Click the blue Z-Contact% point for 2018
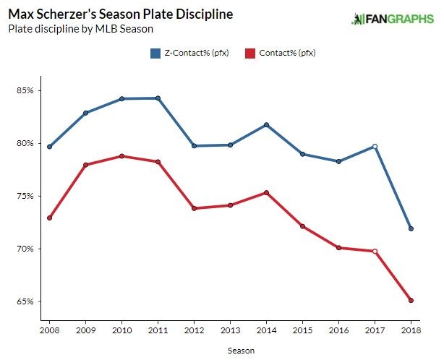tap(411, 228)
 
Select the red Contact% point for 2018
tap(411, 300)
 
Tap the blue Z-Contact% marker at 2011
tap(158, 98)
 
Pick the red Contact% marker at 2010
tap(121, 156)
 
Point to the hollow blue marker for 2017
tap(375, 146)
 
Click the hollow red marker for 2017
tap(375, 251)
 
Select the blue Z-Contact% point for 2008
tap(49, 147)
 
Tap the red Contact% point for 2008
tap(49, 218)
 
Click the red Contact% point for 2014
tap(266, 192)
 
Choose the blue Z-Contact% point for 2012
tap(194, 146)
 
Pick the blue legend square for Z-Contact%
tap(155, 53)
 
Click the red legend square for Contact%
tap(250, 53)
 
